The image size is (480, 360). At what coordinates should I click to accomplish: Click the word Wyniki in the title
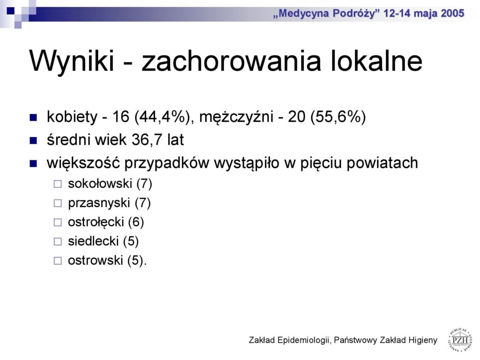[x=72, y=60]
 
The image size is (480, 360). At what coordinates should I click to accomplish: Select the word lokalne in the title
[x=376, y=60]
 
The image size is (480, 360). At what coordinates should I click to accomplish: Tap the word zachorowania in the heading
[x=231, y=60]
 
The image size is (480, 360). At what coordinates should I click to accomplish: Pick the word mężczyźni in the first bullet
[x=236, y=117]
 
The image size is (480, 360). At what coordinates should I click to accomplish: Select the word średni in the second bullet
[x=69, y=140]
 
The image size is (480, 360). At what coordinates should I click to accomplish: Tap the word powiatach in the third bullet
[x=382, y=163]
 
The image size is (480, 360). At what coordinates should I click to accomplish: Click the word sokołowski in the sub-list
[x=100, y=184]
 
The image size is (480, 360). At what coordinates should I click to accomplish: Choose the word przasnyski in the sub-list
[x=99, y=203]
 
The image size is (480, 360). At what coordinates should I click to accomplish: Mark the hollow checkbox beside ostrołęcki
[x=58, y=222]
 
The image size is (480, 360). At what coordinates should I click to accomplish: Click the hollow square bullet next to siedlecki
[x=58, y=241]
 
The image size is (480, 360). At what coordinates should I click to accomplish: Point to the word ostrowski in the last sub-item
[x=96, y=261]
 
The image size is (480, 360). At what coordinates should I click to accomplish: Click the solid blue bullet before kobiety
[x=33, y=118]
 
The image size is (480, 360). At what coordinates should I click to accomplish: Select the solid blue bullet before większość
[x=33, y=164]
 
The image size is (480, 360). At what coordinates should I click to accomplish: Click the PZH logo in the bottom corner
[x=460, y=339]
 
